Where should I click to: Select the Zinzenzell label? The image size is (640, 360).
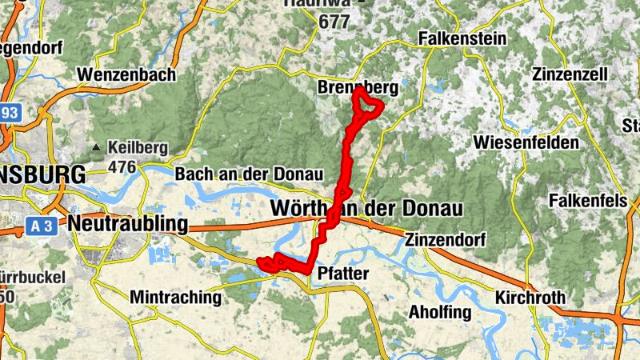pyautogui.click(x=570, y=74)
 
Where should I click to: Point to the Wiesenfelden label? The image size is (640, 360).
pyautogui.click(x=526, y=142)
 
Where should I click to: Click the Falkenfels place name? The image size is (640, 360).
pyautogui.click(x=588, y=201)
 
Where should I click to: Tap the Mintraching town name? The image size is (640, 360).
pyautogui.click(x=175, y=298)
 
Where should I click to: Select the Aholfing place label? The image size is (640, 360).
pyautogui.click(x=440, y=312)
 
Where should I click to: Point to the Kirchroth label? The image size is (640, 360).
pyautogui.click(x=530, y=298)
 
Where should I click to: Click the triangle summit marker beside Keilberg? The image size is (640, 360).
pyautogui.click(x=97, y=148)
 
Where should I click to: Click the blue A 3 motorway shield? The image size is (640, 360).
pyautogui.click(x=46, y=226)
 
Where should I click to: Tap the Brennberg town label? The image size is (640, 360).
pyautogui.click(x=358, y=87)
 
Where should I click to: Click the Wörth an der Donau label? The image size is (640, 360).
pyautogui.click(x=367, y=209)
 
